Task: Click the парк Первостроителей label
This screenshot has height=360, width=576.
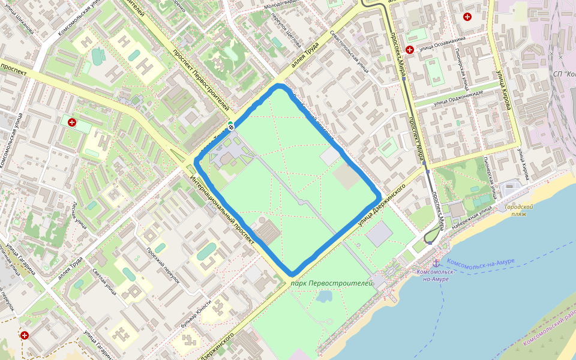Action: [x=332, y=282]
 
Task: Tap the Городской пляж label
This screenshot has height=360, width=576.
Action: [x=519, y=210]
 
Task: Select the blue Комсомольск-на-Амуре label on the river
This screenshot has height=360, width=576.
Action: [x=481, y=262]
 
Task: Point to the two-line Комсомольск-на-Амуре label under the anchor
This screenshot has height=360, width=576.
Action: [x=436, y=275]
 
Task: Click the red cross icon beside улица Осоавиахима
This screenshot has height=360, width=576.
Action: [x=410, y=50]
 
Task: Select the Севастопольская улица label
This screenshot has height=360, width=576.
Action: [x=349, y=52]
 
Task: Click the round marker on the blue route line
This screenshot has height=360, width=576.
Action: [x=231, y=126]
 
